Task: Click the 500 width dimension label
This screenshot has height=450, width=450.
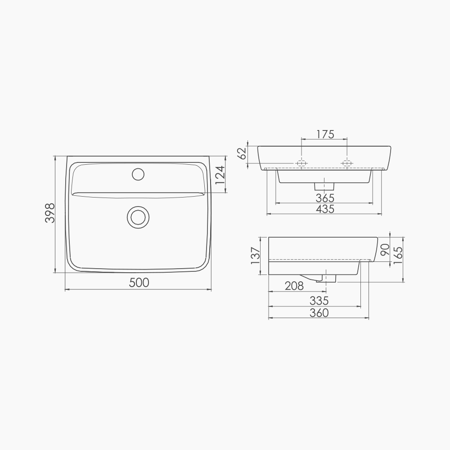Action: click(x=139, y=283)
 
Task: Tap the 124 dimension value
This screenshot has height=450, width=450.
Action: click(x=220, y=175)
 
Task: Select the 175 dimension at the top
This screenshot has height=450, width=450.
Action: click(x=324, y=134)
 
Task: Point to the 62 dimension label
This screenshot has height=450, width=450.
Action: click(x=242, y=153)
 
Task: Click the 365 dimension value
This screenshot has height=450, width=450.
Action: click(x=324, y=198)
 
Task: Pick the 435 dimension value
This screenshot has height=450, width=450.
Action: click(x=324, y=209)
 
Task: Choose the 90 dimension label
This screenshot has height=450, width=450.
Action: click(x=385, y=250)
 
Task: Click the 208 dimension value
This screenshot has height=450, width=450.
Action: click(x=294, y=286)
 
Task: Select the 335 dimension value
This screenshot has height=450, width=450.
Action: click(x=319, y=301)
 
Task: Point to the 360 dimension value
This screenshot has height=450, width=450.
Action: click(x=319, y=313)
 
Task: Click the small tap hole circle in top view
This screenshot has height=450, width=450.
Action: click(x=138, y=174)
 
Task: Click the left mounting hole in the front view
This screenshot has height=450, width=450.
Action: click(x=302, y=163)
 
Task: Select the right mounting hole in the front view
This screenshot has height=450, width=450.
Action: click(x=347, y=163)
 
